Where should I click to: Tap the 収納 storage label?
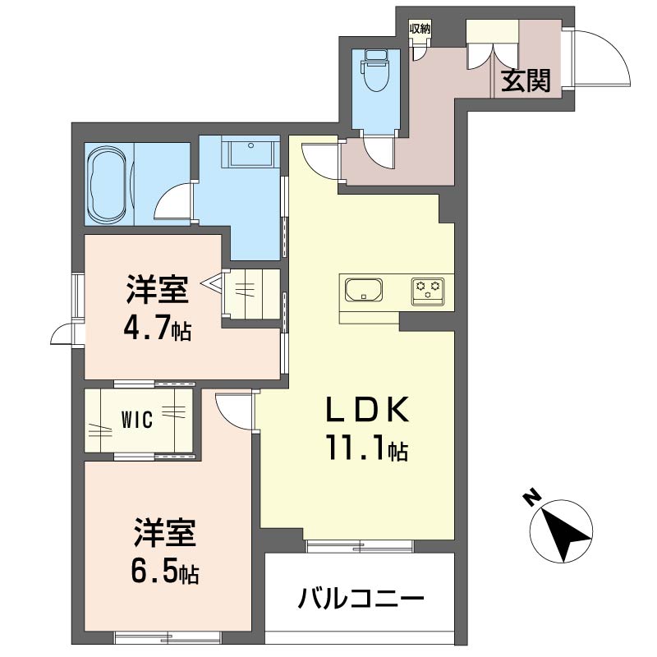click(420, 28)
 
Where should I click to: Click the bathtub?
click(108, 185)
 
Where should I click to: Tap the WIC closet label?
click(137, 421)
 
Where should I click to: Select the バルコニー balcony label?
click(360, 598)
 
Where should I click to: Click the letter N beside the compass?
click(532, 497)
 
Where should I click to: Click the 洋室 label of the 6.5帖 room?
click(164, 531)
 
